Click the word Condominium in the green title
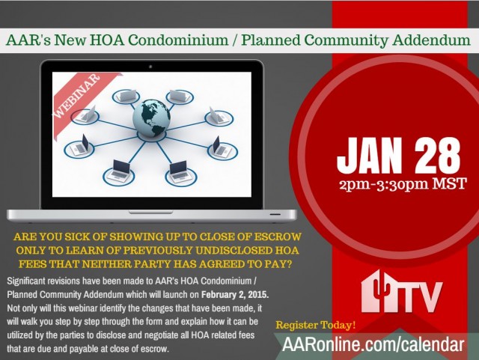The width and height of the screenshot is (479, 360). [x=178, y=40]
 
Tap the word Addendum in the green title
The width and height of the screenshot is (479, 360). [x=432, y=40]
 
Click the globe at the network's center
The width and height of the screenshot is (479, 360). [x=151, y=118]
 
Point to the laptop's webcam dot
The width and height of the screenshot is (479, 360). [x=150, y=67]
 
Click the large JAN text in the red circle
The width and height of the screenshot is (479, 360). [x=369, y=155]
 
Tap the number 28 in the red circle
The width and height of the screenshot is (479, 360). [x=438, y=155]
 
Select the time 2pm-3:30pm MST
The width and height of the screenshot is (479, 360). [x=403, y=184]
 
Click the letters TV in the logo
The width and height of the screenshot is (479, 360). [x=422, y=297]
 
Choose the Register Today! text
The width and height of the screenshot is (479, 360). [x=316, y=325]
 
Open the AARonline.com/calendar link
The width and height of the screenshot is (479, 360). [x=373, y=344]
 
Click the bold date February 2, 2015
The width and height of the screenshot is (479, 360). [x=235, y=295]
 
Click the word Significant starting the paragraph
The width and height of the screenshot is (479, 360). [x=26, y=281]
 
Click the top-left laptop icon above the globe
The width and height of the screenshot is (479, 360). [x=126, y=96]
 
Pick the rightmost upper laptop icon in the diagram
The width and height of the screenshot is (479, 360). [x=218, y=115]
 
